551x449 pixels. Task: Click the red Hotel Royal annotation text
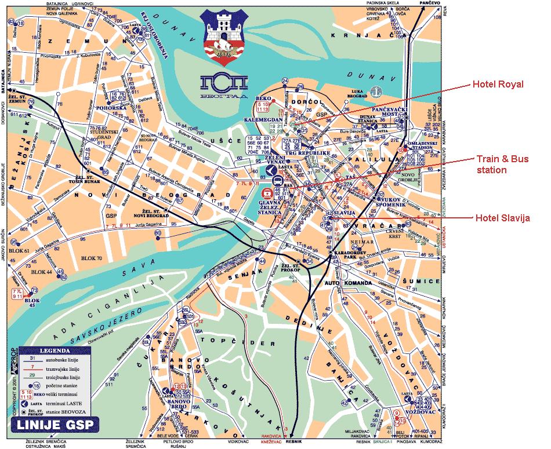(498, 84)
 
